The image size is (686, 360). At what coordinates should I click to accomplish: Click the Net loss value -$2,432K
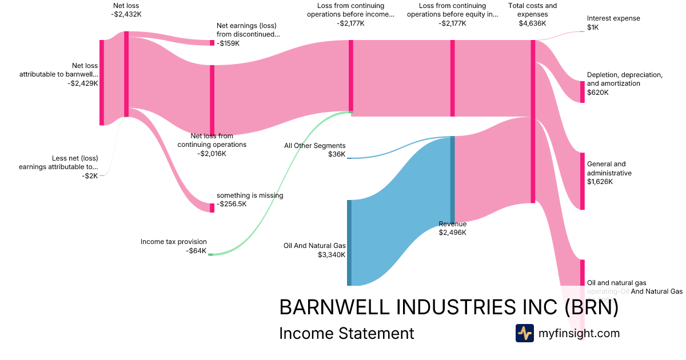126,14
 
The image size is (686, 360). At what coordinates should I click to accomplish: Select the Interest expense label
613,18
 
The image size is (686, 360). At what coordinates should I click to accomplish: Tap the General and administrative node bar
583,181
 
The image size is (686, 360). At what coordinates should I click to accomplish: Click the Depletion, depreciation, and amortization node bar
583,91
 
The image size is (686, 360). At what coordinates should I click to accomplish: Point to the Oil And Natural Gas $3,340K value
332,255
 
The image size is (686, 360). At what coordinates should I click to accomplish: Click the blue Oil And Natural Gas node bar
349,242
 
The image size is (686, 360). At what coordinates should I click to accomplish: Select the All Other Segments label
315,146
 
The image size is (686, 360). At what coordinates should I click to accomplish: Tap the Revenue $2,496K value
452,233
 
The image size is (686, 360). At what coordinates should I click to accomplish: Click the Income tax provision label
174,242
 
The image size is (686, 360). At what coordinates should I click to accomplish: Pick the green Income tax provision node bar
210,254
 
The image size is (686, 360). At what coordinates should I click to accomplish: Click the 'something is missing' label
250,195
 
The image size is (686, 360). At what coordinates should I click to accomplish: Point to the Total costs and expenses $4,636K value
532,23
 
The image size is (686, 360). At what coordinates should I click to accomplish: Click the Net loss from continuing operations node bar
212,100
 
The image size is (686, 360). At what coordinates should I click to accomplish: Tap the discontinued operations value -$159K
229,43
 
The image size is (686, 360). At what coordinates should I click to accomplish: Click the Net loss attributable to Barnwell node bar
102,82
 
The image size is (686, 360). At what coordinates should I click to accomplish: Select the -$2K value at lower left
90,175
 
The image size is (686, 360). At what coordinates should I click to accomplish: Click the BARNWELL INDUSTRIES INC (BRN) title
449,307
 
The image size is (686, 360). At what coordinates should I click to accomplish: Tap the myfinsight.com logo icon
524,333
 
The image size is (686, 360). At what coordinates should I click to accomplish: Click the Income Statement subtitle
346,333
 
